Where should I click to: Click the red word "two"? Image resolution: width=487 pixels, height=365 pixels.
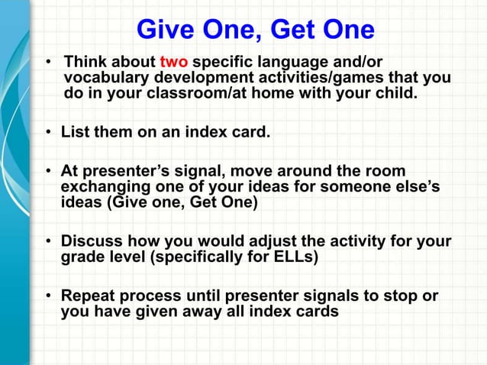(x=175, y=61)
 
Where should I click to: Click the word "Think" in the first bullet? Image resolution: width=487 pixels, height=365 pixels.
(x=87, y=61)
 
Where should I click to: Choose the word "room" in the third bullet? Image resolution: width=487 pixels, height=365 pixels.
(x=385, y=170)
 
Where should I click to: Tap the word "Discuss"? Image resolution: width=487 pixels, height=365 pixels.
(x=92, y=241)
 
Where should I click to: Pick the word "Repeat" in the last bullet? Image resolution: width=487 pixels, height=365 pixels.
(x=89, y=296)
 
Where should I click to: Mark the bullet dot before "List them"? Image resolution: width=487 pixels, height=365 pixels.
(x=48, y=133)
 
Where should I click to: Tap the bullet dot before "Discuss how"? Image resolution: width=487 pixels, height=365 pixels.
(x=48, y=241)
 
